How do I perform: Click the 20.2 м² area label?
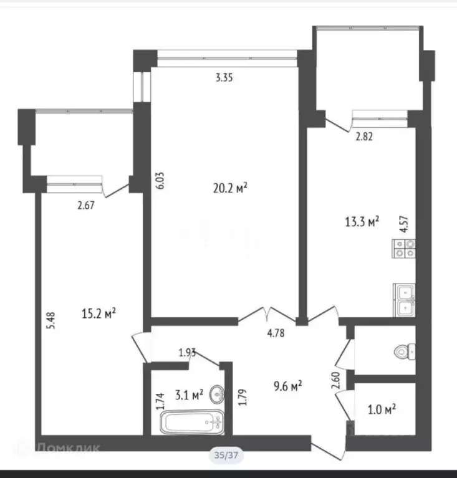click(x=231, y=188)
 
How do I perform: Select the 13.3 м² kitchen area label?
click(x=362, y=222)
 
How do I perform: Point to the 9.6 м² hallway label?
click(x=289, y=386)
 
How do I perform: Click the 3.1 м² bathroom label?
click(x=188, y=394)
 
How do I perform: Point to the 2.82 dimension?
click(x=365, y=138)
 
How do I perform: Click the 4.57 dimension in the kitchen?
click(x=403, y=224)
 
